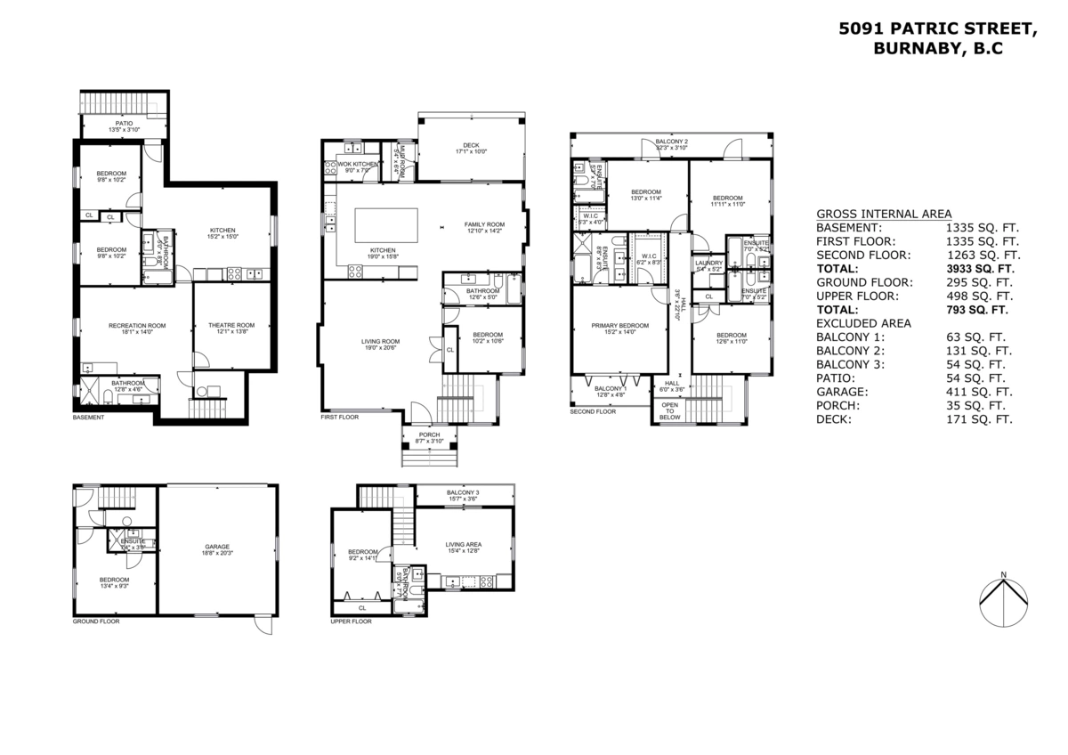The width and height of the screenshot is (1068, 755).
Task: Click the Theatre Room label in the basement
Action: click(x=231, y=325)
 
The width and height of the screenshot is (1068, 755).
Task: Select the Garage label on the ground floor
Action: click(x=217, y=547)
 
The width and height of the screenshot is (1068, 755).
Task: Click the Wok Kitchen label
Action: click(x=357, y=164)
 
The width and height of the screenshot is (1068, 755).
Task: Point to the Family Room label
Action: click(x=484, y=224)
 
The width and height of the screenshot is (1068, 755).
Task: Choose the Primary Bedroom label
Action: click(x=620, y=325)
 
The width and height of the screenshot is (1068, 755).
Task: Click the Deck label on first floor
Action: click(x=471, y=146)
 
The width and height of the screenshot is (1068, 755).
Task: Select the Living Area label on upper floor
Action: click(x=464, y=545)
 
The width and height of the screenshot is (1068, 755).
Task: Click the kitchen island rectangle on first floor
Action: click(x=386, y=224)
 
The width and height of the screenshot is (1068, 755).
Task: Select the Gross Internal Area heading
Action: click(x=884, y=214)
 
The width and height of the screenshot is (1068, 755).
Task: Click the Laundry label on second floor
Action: click(x=709, y=263)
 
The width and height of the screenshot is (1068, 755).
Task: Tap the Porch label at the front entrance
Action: click(x=430, y=435)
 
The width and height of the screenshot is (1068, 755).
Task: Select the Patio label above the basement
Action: click(x=125, y=124)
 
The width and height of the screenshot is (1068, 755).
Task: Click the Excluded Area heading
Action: click(x=863, y=323)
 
